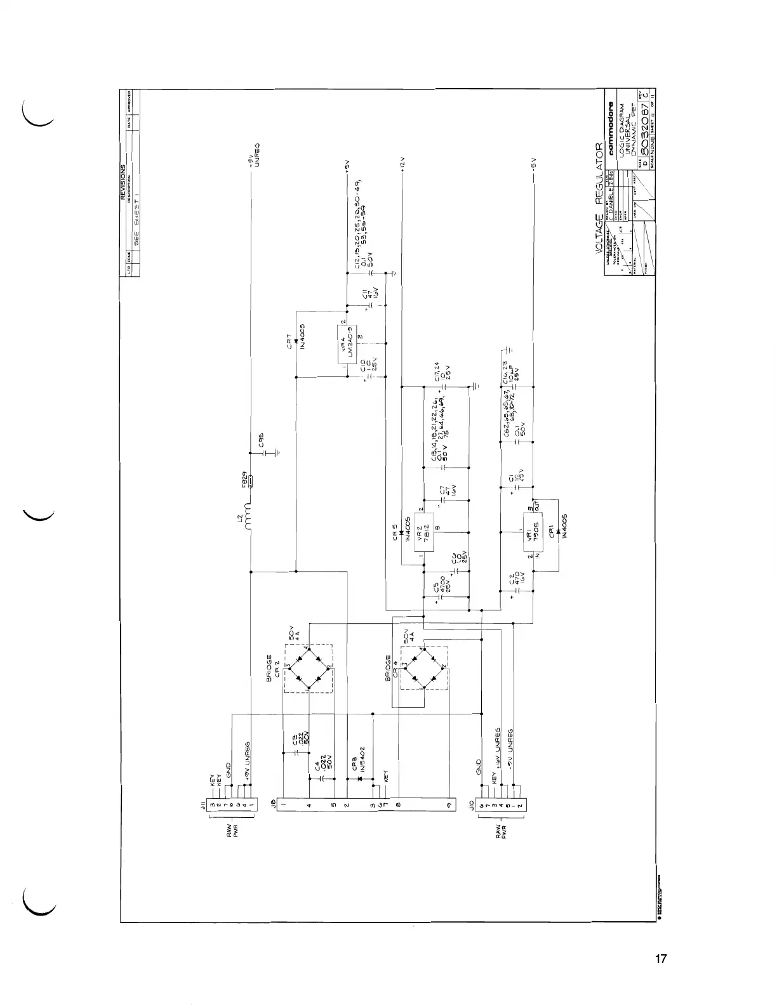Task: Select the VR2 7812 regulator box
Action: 425,532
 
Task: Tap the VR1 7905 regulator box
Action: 532,533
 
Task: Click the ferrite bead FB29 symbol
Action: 251,482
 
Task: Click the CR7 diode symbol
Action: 297,342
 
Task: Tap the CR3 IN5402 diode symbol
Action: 360,778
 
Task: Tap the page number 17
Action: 661,959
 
